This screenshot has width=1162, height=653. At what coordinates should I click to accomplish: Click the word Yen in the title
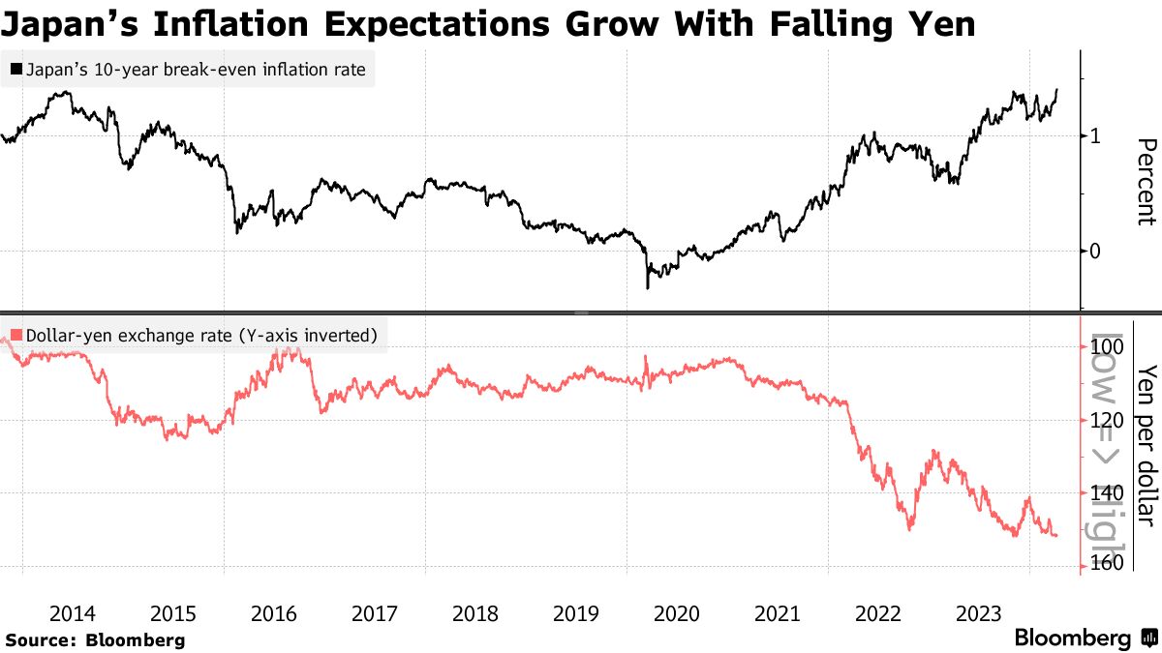pyautogui.click(x=934, y=23)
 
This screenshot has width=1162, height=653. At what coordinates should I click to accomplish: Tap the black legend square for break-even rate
pyautogui.click(x=16, y=70)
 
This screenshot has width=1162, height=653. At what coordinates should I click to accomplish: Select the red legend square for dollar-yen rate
pyautogui.click(x=16, y=337)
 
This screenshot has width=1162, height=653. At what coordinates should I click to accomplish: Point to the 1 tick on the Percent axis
pyautogui.click(x=1095, y=135)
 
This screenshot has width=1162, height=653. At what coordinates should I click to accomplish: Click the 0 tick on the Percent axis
pyautogui.click(x=1095, y=251)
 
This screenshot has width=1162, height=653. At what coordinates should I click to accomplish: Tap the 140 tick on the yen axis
pyautogui.click(x=1105, y=492)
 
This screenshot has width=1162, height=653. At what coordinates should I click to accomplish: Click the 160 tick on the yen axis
pyautogui.click(x=1105, y=564)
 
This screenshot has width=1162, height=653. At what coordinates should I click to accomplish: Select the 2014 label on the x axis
pyautogui.click(x=73, y=613)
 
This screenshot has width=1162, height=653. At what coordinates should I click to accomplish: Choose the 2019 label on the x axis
pyautogui.click(x=576, y=613)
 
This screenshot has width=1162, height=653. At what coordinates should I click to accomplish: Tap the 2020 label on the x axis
pyautogui.click(x=677, y=613)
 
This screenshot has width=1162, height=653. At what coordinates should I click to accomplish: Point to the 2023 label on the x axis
pyautogui.click(x=979, y=613)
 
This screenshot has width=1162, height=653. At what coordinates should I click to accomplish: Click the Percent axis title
pyautogui.click(x=1146, y=182)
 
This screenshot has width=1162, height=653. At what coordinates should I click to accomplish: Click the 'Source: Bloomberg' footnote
pyautogui.click(x=94, y=639)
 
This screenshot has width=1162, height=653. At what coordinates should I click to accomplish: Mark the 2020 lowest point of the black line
pyautogui.click(x=647, y=287)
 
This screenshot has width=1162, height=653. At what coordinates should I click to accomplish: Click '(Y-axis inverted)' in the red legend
pyautogui.click(x=310, y=337)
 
